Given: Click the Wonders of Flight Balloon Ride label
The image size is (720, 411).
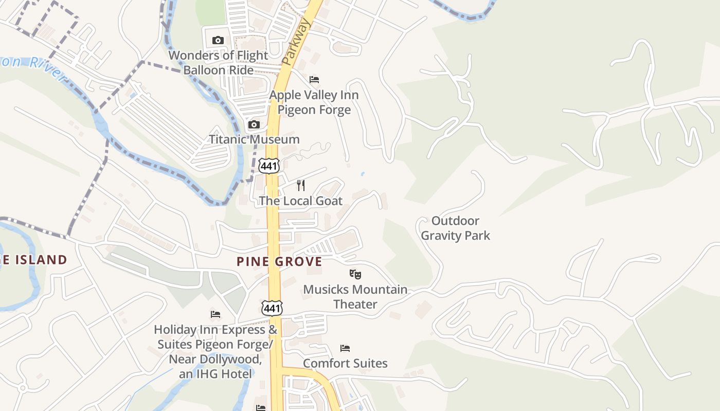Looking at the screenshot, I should coord(218,62).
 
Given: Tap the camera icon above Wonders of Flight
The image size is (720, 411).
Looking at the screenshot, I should coord(218,40).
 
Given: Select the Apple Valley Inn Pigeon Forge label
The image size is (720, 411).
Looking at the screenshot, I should coord(314,102).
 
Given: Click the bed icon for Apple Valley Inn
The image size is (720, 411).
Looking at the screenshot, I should coord(314,80).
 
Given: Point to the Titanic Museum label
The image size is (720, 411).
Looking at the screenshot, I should coord(254,139).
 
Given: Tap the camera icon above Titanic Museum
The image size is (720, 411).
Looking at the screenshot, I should coord(254,124).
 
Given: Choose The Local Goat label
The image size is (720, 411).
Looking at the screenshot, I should coord(300,200).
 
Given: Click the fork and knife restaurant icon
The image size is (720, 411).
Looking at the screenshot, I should coord(301,185).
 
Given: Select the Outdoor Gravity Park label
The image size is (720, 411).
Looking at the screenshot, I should coord(455,228).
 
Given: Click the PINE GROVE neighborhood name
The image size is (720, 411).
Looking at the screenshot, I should coord(279,261).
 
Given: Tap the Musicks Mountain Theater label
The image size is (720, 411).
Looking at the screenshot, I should coord(355,296).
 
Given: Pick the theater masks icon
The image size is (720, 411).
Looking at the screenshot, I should coord(355,274).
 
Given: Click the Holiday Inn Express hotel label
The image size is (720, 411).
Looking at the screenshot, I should coord(215,351).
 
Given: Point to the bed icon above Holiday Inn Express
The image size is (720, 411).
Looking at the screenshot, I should coord(215,314).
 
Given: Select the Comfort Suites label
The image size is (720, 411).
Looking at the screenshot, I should coord(345,363).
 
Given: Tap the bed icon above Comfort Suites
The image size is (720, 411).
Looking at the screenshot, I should coord(345,348).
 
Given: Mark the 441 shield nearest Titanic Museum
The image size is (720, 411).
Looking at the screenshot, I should coord(269,166).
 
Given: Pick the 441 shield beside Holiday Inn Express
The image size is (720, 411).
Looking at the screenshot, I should coord(271,308).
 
